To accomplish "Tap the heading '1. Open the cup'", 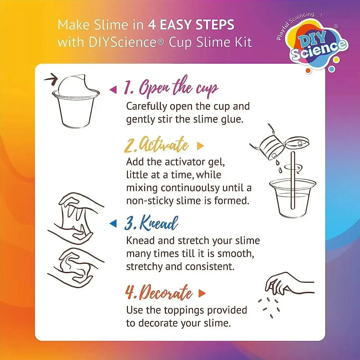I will coord(171,88).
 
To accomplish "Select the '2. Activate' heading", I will coord(156,145).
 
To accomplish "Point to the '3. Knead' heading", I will coord(151,223).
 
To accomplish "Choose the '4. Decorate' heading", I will coord(159,293).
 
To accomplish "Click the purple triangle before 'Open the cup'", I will coord(113,90).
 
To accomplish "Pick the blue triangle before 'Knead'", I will coord(113,223).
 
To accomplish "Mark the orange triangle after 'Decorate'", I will coord(202,293).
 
